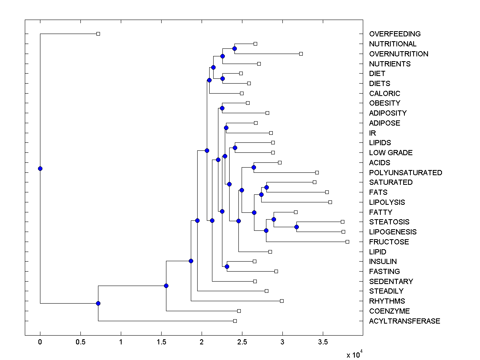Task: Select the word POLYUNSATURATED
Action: pos(406,173)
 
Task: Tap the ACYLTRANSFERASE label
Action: pos(404,321)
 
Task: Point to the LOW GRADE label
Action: pos(391,153)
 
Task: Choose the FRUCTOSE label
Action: pos(389,242)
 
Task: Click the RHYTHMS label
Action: pos(387,301)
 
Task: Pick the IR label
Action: pos(372,133)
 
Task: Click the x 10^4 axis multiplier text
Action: pos(354,354)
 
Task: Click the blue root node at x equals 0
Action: pos(40,168)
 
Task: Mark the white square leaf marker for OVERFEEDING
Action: pos(98,34)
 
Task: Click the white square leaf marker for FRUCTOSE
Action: pos(347,242)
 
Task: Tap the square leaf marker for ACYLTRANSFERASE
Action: pos(235,321)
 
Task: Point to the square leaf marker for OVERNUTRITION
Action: pos(301,54)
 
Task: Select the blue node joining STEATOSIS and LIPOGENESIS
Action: pos(296,227)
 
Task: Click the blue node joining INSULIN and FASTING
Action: pos(227,266)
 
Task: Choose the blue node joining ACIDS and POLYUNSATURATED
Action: pos(254,168)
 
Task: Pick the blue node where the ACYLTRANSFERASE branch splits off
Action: pos(98,303)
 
